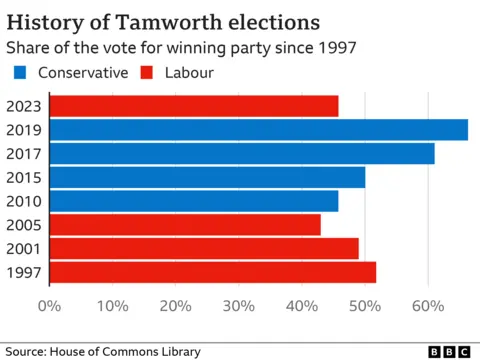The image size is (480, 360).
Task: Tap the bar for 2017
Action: (241, 154)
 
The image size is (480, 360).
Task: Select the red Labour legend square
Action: (147, 72)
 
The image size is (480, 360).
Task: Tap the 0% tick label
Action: (49, 305)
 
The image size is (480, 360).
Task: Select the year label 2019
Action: (24, 130)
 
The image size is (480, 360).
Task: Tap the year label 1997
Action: (24, 273)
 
